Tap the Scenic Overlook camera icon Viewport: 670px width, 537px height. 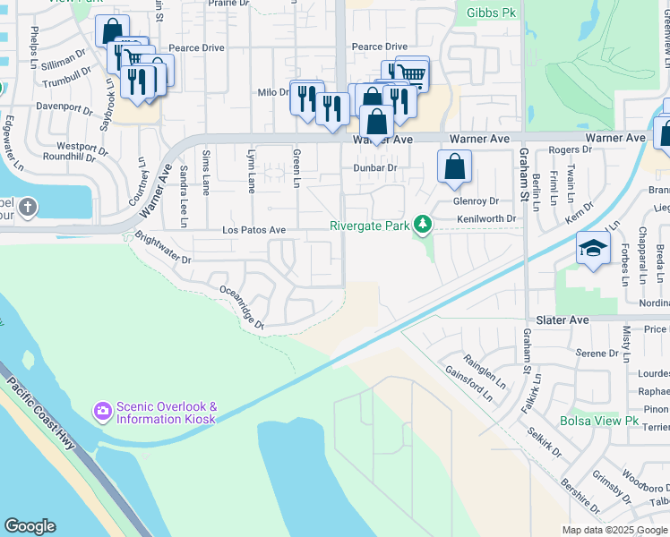tap(102, 412)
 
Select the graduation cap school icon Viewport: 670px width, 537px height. tap(592, 250)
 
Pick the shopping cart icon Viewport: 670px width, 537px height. tap(412, 74)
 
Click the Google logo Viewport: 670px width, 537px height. tap(30, 526)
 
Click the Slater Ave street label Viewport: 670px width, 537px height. tap(563, 320)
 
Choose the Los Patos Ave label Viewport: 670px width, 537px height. tap(253, 230)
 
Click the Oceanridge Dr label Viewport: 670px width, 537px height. tap(242, 307)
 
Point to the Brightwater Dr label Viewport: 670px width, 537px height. tap(162, 248)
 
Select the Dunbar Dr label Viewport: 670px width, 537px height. tap(374, 167)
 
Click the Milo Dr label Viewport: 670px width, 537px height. tap(272, 92)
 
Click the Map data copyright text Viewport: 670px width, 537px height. tap(614, 529)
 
